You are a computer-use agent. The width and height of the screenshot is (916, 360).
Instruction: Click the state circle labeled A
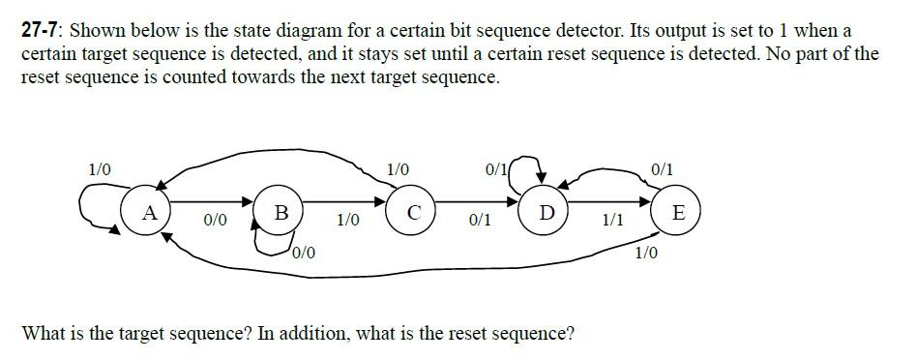point(149,211)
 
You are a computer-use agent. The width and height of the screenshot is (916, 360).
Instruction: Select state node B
point(281,211)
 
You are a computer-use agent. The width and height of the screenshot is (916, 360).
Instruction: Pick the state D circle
point(546,212)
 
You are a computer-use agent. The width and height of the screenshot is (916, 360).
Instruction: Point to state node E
point(677,212)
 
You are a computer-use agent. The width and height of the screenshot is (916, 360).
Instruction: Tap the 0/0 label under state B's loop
point(303,254)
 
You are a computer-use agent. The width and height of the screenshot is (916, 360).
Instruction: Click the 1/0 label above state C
point(398,169)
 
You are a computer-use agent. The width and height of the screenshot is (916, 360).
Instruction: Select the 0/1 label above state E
point(663,170)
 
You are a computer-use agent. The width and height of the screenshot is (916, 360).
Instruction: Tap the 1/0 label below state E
point(646,254)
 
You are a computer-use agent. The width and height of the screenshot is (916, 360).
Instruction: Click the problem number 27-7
point(42,30)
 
